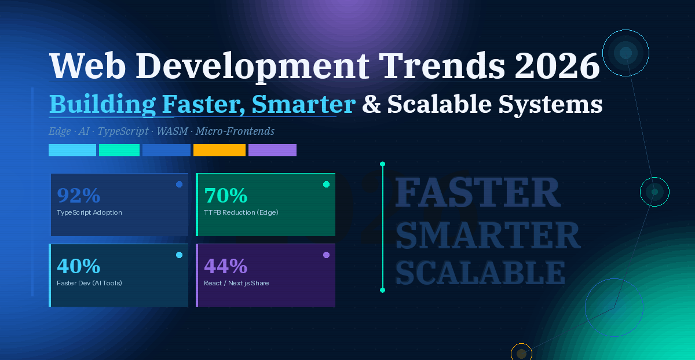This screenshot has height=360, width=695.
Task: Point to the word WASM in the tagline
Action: click(x=173, y=131)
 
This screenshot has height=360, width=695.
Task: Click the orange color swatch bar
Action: click(x=220, y=150)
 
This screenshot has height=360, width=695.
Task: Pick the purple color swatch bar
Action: click(x=272, y=150)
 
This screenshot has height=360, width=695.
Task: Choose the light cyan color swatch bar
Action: click(x=72, y=150)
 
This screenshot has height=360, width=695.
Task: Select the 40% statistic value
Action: click(x=79, y=266)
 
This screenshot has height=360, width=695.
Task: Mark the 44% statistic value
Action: click(x=226, y=266)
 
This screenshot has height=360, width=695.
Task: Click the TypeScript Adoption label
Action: click(x=89, y=212)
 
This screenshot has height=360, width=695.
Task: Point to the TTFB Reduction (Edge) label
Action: click(x=241, y=212)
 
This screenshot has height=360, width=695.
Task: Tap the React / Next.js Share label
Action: click(x=236, y=283)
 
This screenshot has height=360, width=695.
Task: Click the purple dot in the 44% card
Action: click(x=326, y=255)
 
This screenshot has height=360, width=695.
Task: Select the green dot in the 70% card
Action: click(x=326, y=184)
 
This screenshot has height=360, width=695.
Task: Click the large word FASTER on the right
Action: click(x=478, y=193)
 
